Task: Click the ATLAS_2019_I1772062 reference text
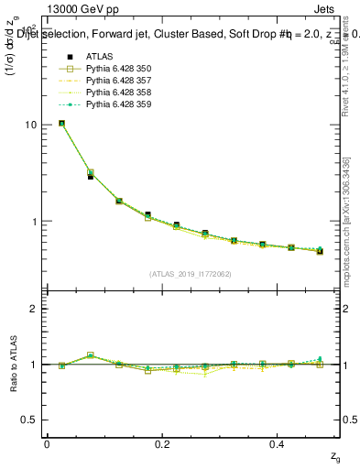[x=191, y=273]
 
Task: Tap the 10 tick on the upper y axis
[x=30, y=125]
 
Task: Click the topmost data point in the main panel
[x=61, y=123]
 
